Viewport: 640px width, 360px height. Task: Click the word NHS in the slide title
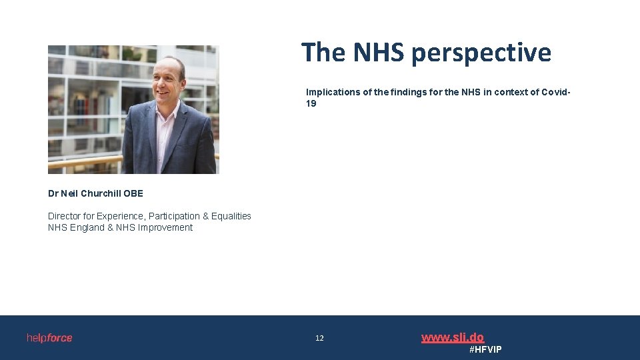pyautogui.click(x=378, y=52)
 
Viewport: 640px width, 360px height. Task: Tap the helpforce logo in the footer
pyautogui.click(x=49, y=338)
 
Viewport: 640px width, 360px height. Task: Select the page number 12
pyautogui.click(x=319, y=339)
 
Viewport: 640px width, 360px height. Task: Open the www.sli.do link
pyautogui.click(x=453, y=337)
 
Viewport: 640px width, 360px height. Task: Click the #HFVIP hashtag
pyautogui.click(x=485, y=349)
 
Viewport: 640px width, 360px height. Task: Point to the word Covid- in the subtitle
pyautogui.click(x=555, y=92)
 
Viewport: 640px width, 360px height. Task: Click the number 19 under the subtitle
pyautogui.click(x=311, y=103)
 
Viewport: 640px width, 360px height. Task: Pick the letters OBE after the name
pyautogui.click(x=133, y=193)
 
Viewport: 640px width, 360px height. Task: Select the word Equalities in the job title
pyautogui.click(x=231, y=216)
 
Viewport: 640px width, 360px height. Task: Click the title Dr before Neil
pyautogui.click(x=53, y=193)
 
